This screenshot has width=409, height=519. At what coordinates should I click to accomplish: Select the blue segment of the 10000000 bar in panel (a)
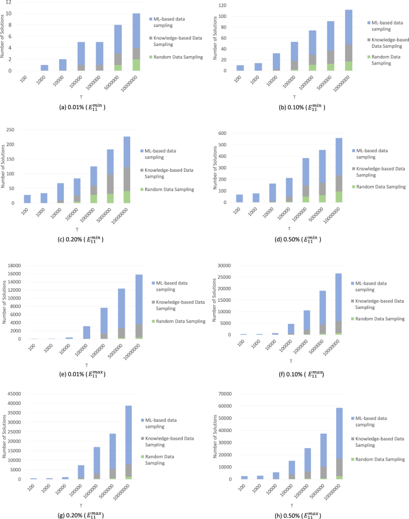click(x=136, y=30)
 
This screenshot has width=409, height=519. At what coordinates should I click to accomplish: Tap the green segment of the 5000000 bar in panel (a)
click(x=118, y=67)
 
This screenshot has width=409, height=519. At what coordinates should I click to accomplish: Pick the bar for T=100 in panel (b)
click(x=240, y=67)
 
